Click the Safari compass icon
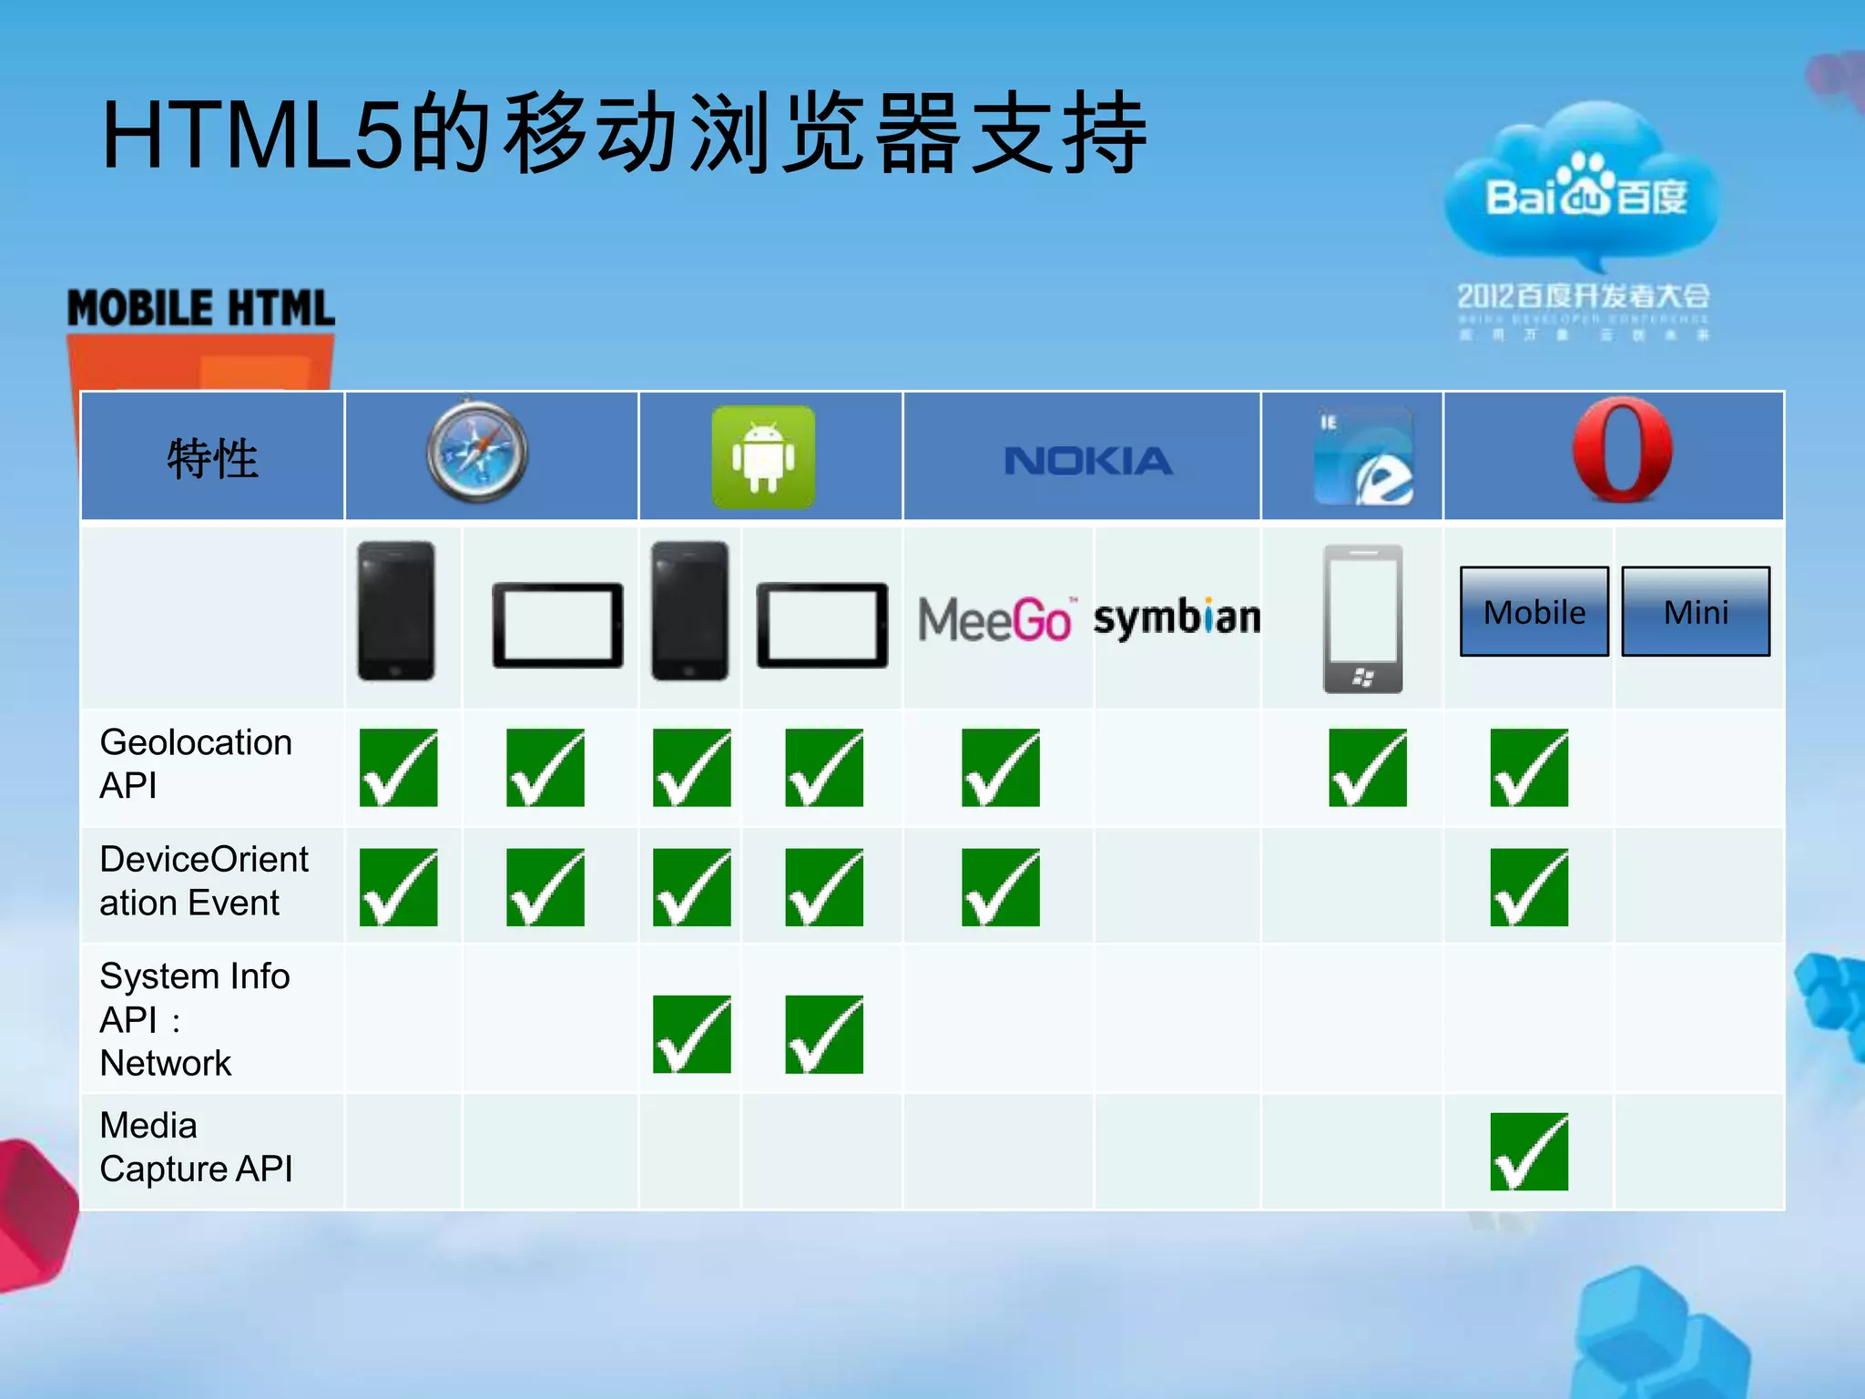476,452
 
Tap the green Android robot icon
763,456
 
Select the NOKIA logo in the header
1087,461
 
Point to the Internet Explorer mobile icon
1363,456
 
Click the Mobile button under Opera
1534,612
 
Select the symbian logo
1177,618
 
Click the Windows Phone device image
1362,618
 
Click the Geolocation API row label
196,763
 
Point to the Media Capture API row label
196,1147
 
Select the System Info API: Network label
194,1019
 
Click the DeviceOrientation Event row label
204,881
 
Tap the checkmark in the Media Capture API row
1529,1151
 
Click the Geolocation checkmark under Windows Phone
1367,768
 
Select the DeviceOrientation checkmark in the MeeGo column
1000,887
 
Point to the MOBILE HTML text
201,308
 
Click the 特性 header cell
212,458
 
